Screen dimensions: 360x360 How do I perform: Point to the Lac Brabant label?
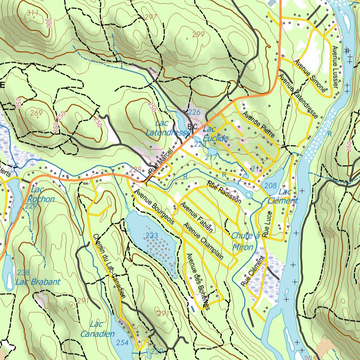(38, 282)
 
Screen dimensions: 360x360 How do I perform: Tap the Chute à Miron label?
(245, 242)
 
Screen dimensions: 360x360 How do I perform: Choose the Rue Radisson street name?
(224, 192)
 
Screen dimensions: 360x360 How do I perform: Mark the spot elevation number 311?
(32, 13)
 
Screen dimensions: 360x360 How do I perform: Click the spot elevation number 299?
(198, 34)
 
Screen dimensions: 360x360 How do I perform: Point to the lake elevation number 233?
(152, 236)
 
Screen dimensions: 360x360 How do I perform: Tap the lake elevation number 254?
(123, 342)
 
